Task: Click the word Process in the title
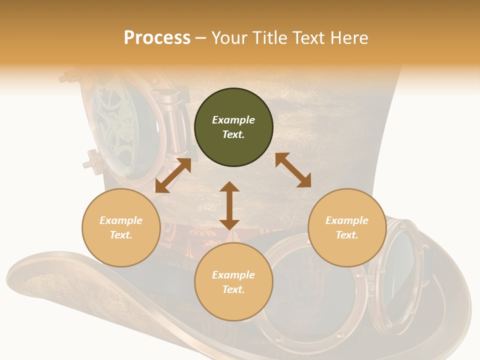157,37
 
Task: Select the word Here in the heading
349,37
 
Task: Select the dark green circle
233,127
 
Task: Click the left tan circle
121,227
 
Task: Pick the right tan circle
347,227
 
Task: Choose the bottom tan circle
233,281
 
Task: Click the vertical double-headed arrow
229,205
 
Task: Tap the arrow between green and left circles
173,175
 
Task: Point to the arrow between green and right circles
293,170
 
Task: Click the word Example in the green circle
233,119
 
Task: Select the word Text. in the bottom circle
233,289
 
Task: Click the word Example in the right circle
347,220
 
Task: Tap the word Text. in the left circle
121,235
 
